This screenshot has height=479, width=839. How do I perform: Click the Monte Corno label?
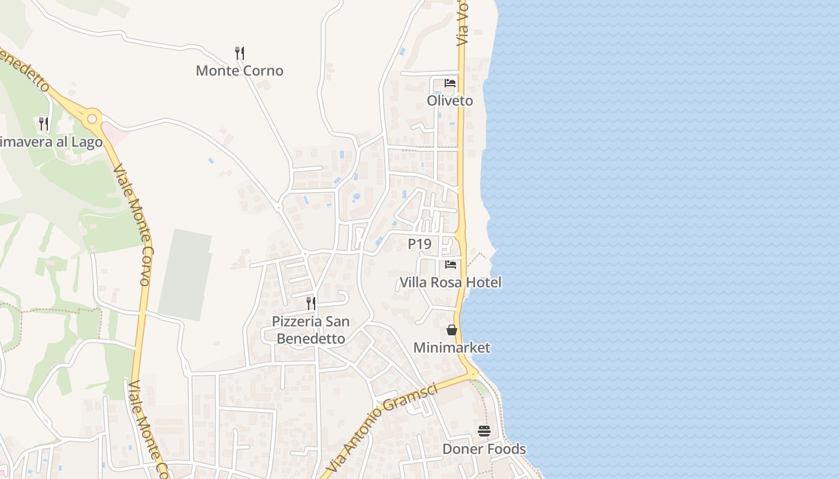[x=239, y=71]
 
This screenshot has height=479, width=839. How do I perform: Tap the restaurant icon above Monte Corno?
[x=240, y=53]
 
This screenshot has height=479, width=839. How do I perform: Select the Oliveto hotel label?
[x=449, y=101]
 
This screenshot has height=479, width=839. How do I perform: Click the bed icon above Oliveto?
[x=450, y=83]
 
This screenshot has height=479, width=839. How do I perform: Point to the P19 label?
[x=419, y=244]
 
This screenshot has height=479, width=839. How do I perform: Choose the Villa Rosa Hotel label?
[x=450, y=282]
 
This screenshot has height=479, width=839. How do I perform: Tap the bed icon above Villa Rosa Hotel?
[x=451, y=264]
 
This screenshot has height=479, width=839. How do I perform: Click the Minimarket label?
[x=451, y=347]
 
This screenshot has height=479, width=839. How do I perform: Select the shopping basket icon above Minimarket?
[x=451, y=330]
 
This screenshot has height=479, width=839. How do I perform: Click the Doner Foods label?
[x=484, y=449]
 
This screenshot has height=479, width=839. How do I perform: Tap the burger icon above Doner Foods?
[x=484, y=431]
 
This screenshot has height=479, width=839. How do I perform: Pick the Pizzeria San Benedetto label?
[x=310, y=330]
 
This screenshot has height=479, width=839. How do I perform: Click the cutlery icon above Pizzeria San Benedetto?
[x=310, y=304]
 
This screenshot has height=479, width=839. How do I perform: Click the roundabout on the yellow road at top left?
[x=92, y=119]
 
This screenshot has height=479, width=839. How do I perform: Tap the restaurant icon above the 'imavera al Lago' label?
[x=43, y=124]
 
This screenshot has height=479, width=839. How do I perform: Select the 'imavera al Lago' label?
[x=52, y=142]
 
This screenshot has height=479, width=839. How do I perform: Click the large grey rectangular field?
[x=185, y=274]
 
